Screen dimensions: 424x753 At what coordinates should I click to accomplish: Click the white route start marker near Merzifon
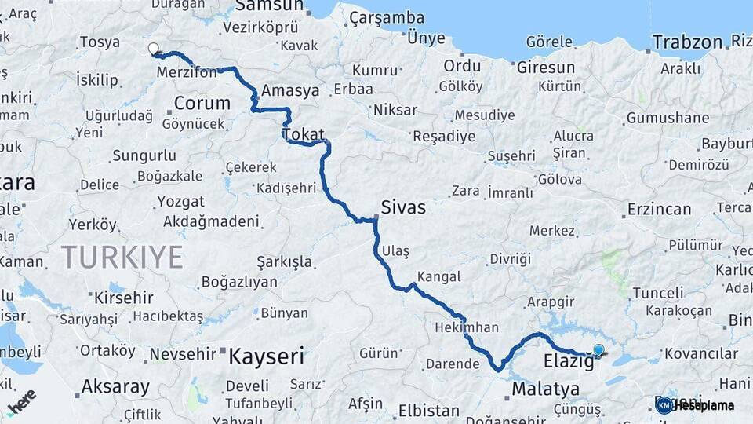tap(153, 48)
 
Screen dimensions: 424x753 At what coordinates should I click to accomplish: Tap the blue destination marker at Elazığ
tap(598, 350)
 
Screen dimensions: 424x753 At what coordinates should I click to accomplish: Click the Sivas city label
tap(403, 207)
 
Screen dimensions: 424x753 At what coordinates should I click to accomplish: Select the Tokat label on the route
tap(304, 135)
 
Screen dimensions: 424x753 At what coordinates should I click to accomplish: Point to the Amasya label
tap(290, 90)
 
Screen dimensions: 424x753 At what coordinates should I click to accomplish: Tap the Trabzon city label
tap(687, 42)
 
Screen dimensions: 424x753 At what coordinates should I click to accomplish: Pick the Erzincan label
tap(659, 210)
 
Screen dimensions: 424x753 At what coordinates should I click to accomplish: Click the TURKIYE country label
tap(122, 257)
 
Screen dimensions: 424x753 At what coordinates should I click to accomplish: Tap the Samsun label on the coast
tap(269, 6)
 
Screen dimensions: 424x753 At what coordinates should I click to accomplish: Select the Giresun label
tap(546, 68)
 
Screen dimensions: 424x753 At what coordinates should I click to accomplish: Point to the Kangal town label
tap(439, 277)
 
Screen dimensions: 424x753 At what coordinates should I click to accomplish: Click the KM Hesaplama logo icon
tap(664, 405)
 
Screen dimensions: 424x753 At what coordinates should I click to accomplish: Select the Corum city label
tap(202, 103)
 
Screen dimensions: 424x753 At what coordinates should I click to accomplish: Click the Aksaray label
tap(115, 387)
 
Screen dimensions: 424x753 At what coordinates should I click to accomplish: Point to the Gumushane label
tap(668, 119)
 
